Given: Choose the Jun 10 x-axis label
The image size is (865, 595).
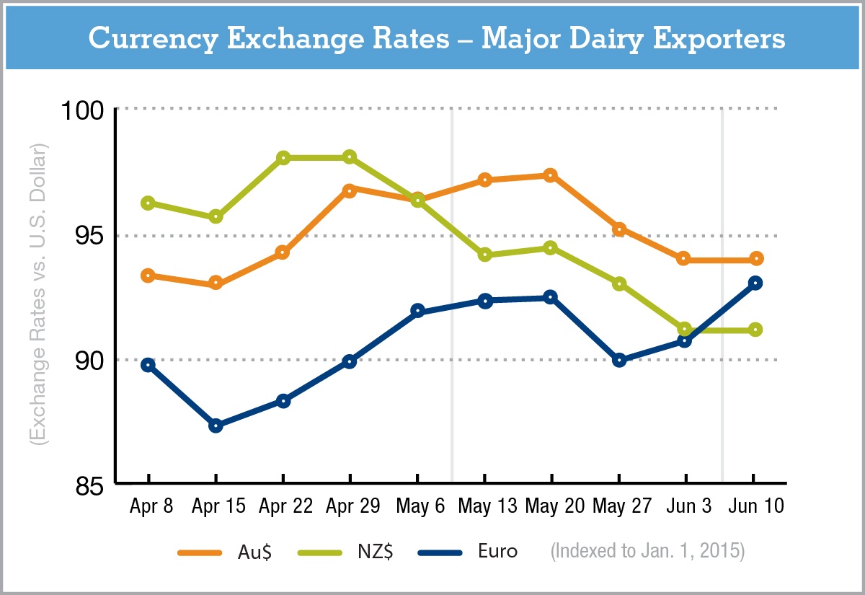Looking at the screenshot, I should point(755,506).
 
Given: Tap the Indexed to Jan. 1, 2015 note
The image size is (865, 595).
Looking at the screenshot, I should point(647,552).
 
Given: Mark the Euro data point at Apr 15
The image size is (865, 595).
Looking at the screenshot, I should point(216,426).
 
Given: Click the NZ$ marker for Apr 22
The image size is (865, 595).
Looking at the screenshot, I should point(283,158).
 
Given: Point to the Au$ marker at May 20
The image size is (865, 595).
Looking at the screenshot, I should point(551,175).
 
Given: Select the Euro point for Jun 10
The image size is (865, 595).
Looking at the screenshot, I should point(755,283).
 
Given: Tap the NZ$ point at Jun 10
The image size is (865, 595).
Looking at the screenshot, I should point(755,330).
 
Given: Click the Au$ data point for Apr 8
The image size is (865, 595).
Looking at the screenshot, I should point(148,276).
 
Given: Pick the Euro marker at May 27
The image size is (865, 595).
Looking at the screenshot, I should point(618,360).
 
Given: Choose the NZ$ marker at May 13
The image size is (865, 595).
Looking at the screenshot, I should point(484,255).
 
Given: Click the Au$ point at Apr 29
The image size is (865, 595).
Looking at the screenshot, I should point(350,190).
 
